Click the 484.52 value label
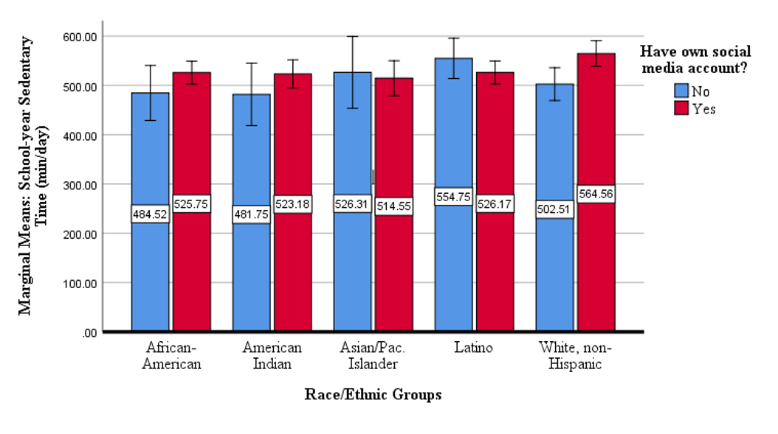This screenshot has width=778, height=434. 151,214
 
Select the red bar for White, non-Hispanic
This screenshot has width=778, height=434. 596,192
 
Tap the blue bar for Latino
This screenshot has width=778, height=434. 453,195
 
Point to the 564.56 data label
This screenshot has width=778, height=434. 596,193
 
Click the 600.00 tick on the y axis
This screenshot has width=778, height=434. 80,37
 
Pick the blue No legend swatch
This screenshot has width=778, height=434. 681,90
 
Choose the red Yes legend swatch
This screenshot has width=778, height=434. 681,108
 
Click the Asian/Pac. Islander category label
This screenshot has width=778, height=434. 373,356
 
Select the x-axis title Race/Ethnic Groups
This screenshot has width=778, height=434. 373,394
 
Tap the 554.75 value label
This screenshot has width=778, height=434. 453,196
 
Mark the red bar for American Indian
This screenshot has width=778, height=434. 293,203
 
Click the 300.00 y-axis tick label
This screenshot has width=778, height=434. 80,185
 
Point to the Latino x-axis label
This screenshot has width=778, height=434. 473,347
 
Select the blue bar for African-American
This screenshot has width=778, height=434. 151,212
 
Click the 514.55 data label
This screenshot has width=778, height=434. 394,206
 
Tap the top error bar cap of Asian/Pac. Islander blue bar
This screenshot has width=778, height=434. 352,36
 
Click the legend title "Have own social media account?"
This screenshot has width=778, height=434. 695,59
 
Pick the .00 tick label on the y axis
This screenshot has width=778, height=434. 89,333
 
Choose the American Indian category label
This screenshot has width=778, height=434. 272,356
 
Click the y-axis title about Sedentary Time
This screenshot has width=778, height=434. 32,176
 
